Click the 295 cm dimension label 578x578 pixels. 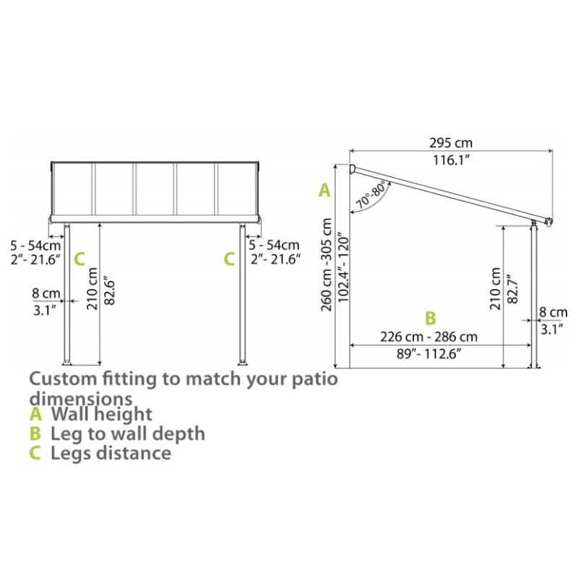pos(450,142)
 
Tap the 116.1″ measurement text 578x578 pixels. pos(451,160)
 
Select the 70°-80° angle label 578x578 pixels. pos(372,195)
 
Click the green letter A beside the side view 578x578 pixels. pos(324,191)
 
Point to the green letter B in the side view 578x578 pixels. pos(430,318)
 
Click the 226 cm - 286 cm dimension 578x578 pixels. pos(428,337)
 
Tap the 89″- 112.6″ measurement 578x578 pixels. pos(429,354)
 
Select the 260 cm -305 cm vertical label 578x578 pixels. pos(327,264)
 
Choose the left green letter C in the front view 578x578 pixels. pos(79,259)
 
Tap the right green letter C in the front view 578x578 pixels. pos(229,259)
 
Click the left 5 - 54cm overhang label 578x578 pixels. pos(35,245)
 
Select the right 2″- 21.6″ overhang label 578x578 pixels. pos(275,259)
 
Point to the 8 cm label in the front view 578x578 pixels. pos(46,293)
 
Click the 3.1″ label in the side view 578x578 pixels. pos(552,329)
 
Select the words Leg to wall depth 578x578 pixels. pos(128,433)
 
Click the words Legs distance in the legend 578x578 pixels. pos(111,453)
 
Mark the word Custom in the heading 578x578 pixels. pos(63,379)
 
